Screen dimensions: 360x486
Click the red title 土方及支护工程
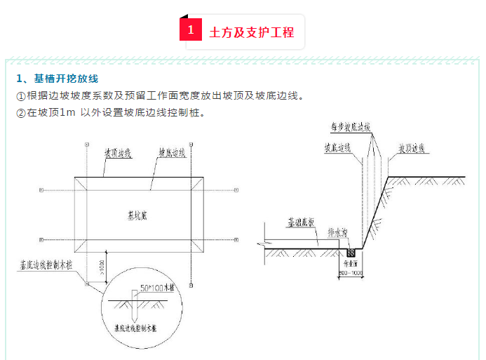point(251,32)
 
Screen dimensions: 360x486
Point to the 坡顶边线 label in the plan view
point(119,152)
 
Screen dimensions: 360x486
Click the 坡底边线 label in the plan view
point(171,152)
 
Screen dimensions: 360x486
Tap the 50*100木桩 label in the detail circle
point(156,288)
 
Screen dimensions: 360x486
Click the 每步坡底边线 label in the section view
point(351,128)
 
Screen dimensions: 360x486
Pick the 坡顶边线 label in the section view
point(414,149)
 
